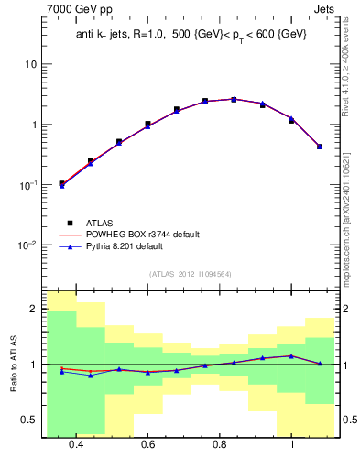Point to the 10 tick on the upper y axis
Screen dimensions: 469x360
click(x=31, y=65)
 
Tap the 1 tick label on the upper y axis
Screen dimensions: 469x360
click(x=34, y=125)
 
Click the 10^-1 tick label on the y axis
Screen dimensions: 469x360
click(x=28, y=185)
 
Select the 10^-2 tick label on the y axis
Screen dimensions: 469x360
click(x=28, y=245)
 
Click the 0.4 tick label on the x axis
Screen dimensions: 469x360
click(x=76, y=445)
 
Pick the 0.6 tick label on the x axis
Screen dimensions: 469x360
click(x=148, y=445)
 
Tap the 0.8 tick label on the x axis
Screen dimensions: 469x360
click(x=220, y=445)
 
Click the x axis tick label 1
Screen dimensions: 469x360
click(x=292, y=445)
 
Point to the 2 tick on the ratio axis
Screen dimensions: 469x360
click(x=34, y=310)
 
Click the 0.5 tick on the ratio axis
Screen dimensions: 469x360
click(x=30, y=420)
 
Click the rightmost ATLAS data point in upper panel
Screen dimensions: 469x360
click(x=320, y=147)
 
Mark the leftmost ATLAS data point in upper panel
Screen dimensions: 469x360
click(x=61, y=183)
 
